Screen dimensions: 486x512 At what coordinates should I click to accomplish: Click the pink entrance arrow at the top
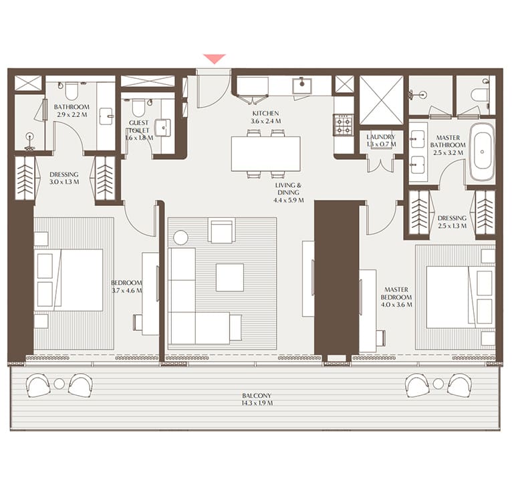214,59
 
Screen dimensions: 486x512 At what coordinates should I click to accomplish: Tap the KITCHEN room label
265,114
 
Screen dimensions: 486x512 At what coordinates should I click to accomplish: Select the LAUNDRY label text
381,136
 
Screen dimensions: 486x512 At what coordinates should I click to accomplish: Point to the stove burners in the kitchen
343,124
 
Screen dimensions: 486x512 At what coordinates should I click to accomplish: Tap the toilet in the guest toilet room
138,107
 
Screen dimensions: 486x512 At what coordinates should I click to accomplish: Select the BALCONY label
257,396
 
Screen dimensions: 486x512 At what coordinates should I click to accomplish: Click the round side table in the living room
181,237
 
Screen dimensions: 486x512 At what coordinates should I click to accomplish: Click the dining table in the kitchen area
265,154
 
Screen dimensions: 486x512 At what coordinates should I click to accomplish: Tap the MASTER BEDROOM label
394,293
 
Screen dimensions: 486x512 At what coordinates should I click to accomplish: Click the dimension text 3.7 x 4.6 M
127,290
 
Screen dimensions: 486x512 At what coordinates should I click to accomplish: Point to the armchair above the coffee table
221,231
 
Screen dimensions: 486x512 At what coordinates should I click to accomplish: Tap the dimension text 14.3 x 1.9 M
257,404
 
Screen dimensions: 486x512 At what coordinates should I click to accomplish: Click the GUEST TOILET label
139,127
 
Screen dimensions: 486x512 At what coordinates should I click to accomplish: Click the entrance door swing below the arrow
210,90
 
